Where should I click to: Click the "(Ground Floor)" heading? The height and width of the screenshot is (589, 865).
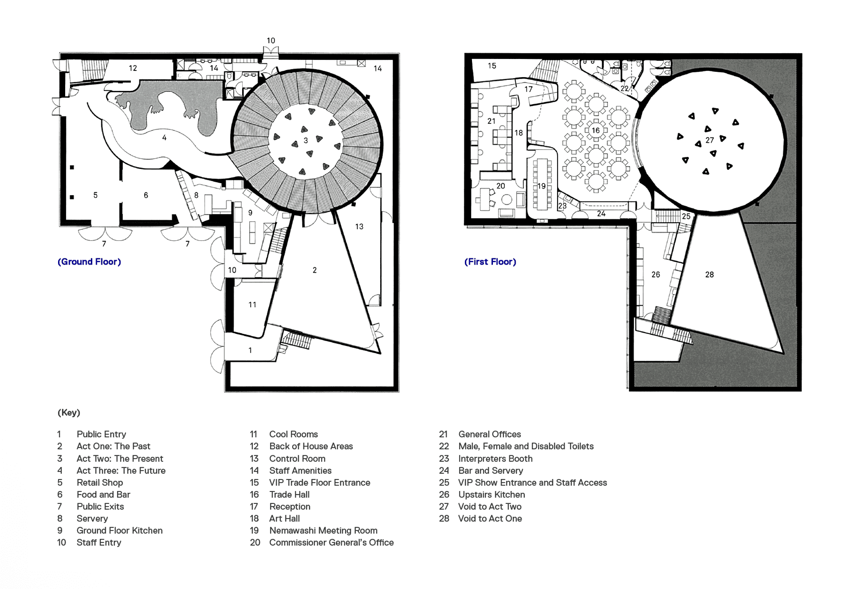pos(89,262)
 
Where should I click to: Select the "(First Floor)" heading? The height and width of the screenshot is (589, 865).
pos(490,262)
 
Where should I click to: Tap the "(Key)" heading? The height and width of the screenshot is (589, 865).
pos(69,412)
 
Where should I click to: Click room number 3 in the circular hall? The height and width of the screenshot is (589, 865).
pos(306,140)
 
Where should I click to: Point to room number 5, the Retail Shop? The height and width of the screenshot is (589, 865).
pos(95,195)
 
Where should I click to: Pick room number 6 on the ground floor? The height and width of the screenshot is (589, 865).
pos(146,195)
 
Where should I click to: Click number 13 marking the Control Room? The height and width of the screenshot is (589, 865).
pos(359,226)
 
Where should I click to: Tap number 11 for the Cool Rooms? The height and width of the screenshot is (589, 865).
pos(252,304)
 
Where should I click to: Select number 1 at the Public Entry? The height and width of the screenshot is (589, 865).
pos(250,350)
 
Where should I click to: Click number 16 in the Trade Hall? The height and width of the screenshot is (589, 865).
pos(596,130)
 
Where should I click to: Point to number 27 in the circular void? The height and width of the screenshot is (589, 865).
pos(709,140)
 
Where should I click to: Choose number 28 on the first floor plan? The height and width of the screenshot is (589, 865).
pos(709,275)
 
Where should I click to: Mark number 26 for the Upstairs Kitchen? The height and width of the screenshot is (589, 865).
pos(656,275)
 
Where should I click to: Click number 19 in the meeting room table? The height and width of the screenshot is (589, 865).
pos(541,186)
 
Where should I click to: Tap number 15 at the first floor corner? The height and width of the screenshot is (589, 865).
pos(492,66)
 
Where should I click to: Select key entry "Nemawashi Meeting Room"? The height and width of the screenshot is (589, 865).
pos(323,530)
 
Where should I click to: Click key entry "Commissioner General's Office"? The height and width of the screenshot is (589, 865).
pos(331,542)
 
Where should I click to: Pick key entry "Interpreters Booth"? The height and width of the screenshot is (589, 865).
pos(495,459)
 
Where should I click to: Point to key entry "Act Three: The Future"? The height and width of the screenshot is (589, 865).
pos(121,471)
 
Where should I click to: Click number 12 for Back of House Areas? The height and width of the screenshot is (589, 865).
pos(133,68)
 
